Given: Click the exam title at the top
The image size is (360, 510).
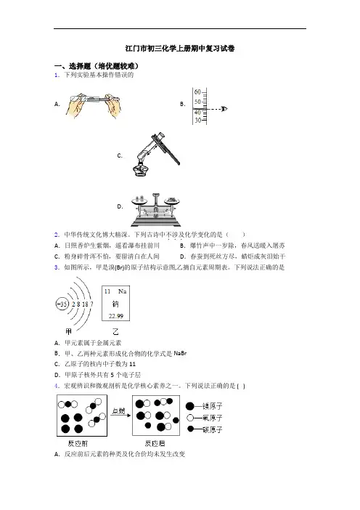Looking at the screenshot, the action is coord(180,49).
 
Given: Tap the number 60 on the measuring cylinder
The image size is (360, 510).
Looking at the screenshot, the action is coord(197,92).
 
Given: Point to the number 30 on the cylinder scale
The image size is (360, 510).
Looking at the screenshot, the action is coord(197,120).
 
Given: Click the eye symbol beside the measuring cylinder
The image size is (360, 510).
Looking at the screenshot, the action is coord(224,109).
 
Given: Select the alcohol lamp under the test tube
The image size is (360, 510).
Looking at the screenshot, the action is coord(140,169).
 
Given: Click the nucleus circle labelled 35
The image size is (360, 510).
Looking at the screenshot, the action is coord(62,304).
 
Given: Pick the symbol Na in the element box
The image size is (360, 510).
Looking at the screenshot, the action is coord(122,291).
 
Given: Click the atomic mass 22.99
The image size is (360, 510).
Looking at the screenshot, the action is coord(116,316).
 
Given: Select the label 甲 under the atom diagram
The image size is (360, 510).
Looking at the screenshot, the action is coord(68,332).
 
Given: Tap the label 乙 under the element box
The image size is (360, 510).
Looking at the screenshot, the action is coord(115,332).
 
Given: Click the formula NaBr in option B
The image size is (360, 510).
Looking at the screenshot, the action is coord(180,353).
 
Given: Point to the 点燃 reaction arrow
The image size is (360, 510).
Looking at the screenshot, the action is coord(121,415).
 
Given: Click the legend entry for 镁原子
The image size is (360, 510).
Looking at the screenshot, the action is coord(204,406).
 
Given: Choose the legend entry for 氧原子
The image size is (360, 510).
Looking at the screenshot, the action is coord(205,418).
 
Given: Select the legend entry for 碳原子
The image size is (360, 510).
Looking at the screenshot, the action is coord(205,429).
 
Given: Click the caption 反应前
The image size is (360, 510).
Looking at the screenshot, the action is coord(78,443).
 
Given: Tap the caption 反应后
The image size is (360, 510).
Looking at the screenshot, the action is coord(155,443).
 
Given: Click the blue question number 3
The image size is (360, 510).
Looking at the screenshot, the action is coord(57,267).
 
